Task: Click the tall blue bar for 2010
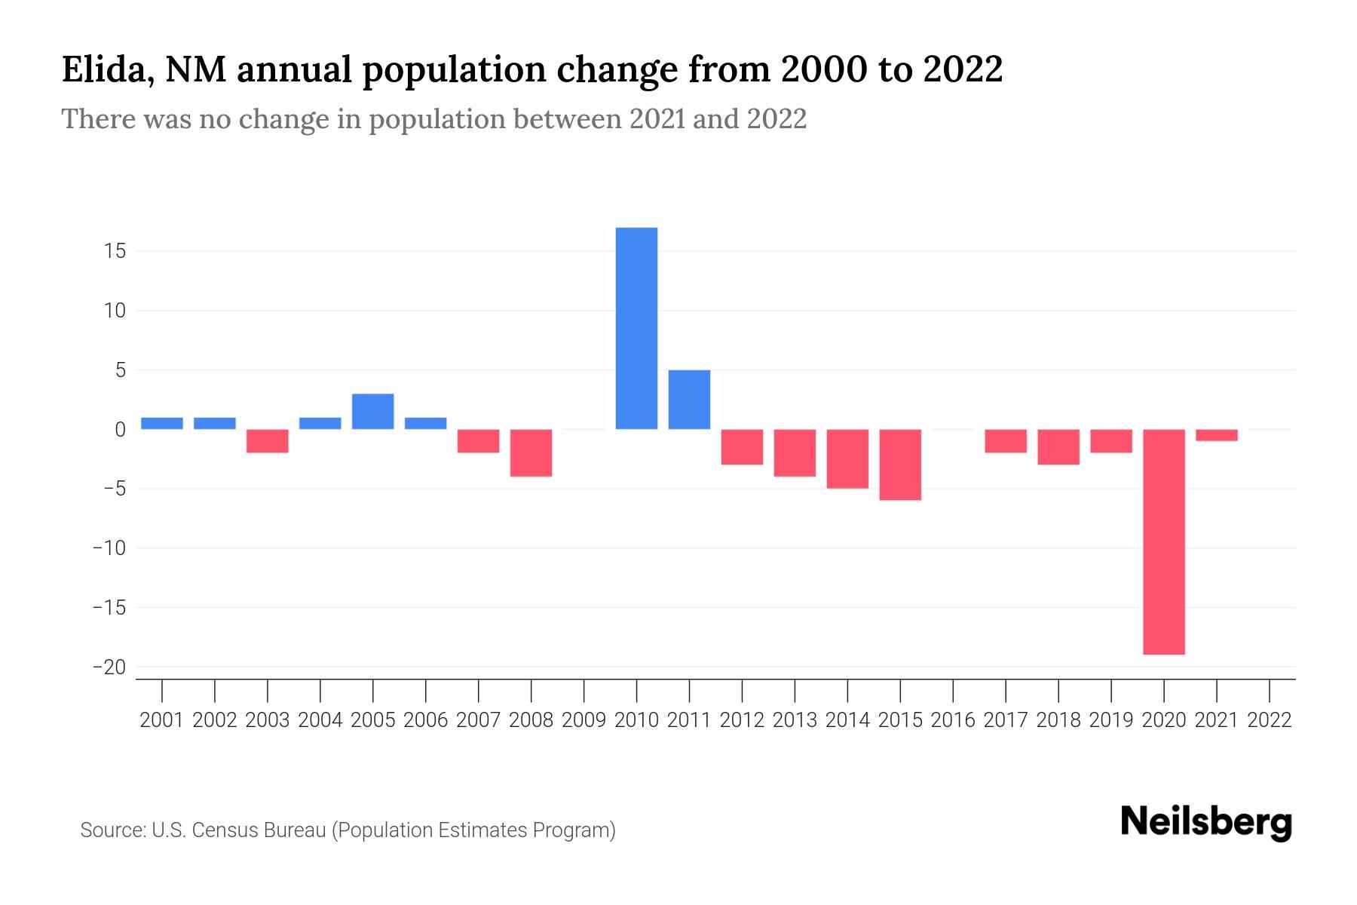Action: [636, 328]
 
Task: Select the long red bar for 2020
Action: [1163, 541]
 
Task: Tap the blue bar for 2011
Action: [689, 400]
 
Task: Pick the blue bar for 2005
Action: [372, 412]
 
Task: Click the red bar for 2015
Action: [900, 465]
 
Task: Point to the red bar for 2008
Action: [531, 452]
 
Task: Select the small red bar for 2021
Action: [1216, 435]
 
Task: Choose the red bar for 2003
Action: [268, 441]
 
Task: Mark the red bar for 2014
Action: [847, 459]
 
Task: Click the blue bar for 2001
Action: [162, 423]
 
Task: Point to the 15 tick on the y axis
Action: [115, 251]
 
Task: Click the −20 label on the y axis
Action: [109, 667]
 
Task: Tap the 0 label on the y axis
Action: [120, 430]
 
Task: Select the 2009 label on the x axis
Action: [584, 720]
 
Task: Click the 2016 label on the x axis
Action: [953, 720]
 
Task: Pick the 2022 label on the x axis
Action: [1270, 720]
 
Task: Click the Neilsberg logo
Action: [1206, 822]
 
